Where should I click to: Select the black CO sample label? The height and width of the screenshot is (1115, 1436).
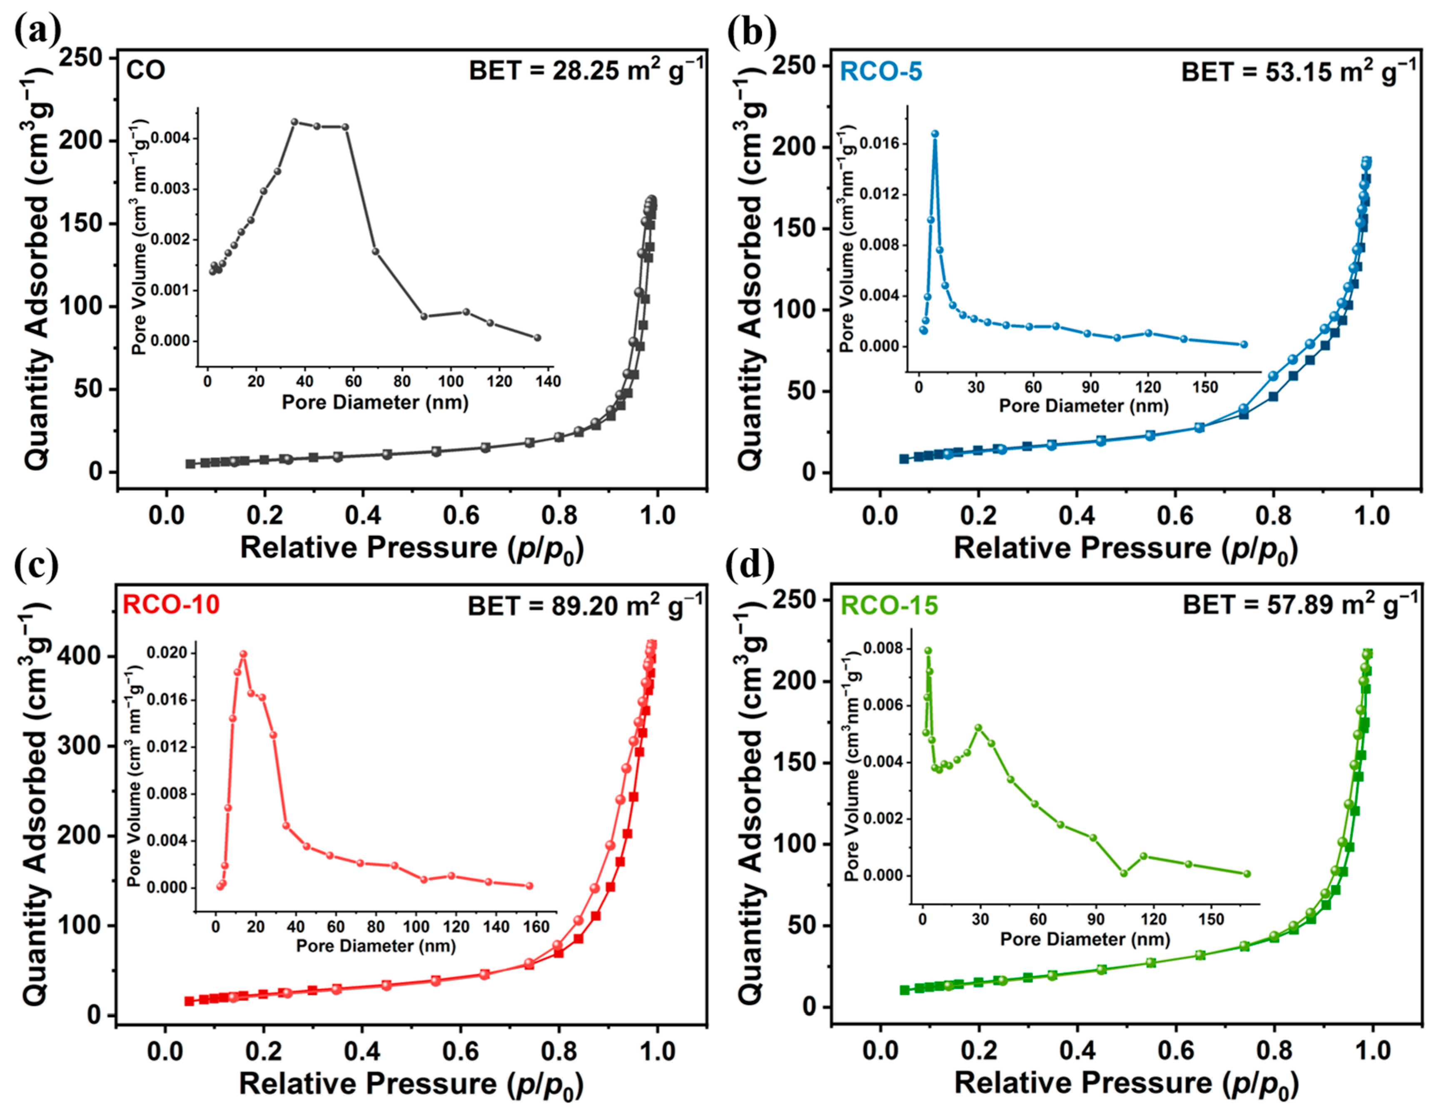145,70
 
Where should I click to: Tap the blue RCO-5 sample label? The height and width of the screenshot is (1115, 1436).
881,71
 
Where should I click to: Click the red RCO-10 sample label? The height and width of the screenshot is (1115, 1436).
171,604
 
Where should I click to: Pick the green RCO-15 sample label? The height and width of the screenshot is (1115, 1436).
889,605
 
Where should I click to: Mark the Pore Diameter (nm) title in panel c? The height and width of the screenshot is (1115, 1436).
375,946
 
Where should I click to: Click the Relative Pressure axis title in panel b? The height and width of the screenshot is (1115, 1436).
1125,548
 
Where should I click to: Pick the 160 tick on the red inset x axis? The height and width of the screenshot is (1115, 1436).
536,927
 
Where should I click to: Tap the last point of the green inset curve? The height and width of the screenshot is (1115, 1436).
1247,874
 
